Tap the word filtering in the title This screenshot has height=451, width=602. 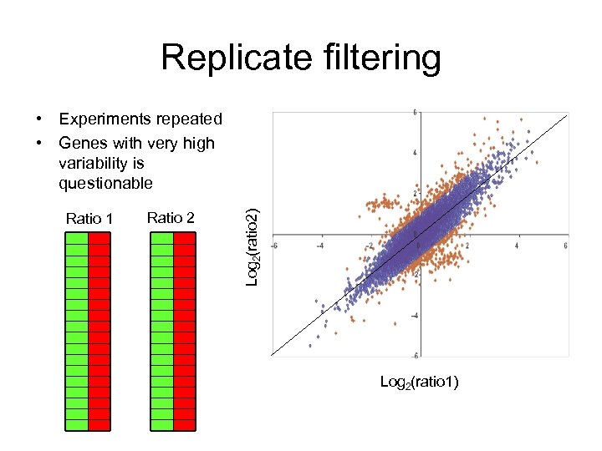point(376,58)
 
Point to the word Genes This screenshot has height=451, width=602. point(84,143)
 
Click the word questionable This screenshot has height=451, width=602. point(106,183)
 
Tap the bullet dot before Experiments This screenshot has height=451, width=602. point(39,119)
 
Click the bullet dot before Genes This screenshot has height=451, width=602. point(39,143)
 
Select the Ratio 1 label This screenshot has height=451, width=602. point(89,219)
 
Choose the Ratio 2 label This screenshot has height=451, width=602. point(171,218)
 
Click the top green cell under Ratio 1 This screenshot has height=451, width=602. point(77,238)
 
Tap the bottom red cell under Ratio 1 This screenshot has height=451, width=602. point(99,425)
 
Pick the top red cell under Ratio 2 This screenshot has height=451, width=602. point(185,238)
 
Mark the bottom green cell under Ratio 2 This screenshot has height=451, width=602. point(162,425)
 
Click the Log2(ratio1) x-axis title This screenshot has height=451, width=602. point(419,382)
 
